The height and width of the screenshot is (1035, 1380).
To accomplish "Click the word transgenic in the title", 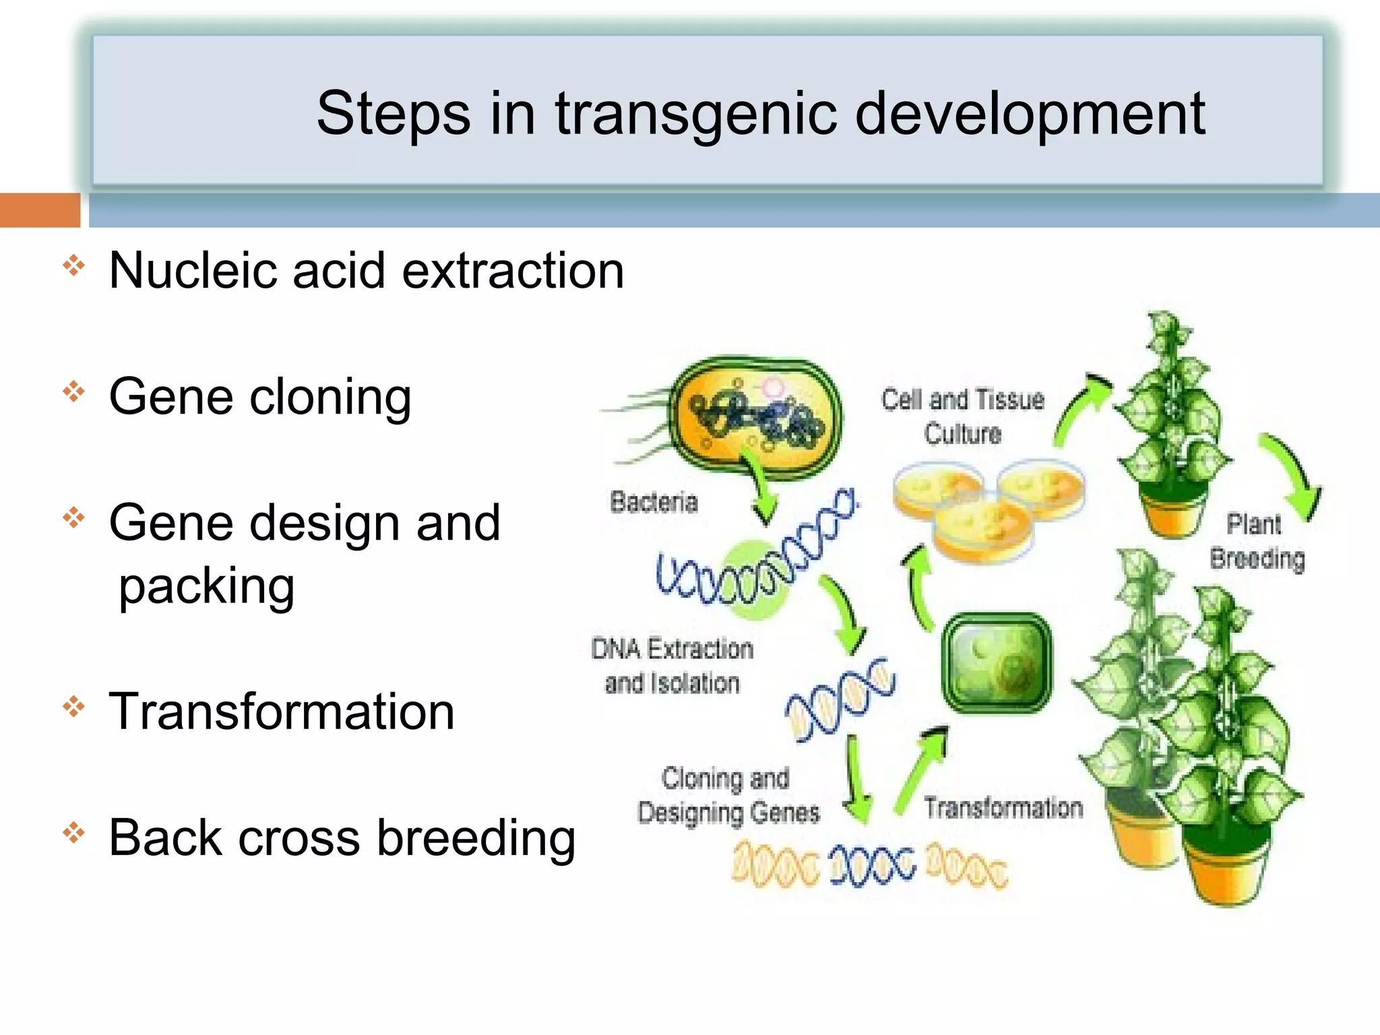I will (x=695, y=115).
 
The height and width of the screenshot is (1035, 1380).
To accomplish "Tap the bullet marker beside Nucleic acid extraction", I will (x=73, y=265).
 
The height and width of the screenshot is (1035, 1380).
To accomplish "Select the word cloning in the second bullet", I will (x=330, y=398).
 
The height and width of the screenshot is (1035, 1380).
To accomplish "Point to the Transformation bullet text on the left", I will (x=282, y=712).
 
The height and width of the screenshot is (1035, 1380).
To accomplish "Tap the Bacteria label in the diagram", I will (x=653, y=503).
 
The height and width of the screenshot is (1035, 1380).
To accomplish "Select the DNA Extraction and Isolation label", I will (x=672, y=666).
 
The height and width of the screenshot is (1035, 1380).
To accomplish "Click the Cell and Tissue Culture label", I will (x=962, y=416).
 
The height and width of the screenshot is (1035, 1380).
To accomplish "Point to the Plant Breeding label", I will (x=1256, y=542).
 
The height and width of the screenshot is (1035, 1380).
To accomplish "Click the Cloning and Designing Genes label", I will (x=728, y=795).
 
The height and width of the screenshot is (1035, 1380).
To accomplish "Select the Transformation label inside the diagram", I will (x=1003, y=808).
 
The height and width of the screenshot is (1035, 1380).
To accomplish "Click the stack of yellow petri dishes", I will (x=987, y=509).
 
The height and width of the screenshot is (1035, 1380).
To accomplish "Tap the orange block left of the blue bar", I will (x=39, y=210).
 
